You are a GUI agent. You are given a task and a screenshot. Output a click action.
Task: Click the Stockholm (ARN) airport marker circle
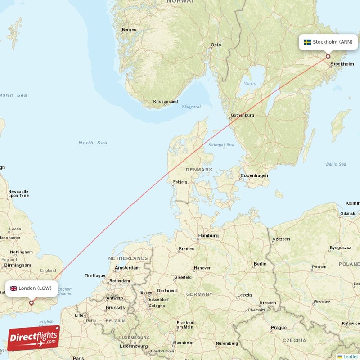pos(328,57)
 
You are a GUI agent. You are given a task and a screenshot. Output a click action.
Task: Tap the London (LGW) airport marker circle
pos(31,303)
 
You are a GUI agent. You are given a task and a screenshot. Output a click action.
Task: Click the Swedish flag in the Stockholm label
pos(307,42)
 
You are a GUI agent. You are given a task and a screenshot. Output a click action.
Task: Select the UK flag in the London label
pos(13,288)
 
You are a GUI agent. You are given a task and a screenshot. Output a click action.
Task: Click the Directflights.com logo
pos(34,338)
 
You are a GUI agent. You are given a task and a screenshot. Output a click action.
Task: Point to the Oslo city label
pos(216,45)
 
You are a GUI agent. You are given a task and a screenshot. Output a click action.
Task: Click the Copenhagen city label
pos(254,175)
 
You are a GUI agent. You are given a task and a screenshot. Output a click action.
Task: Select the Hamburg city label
pos(208,236)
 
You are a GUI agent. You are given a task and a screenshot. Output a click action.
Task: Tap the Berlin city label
pos(260,264)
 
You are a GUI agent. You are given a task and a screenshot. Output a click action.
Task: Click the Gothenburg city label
pos(242,115)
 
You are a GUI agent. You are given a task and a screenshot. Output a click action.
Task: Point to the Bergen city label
pos(129,30)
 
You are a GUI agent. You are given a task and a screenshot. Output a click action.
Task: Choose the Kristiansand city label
pos(165,102)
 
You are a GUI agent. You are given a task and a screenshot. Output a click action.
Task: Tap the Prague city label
pos(279,328)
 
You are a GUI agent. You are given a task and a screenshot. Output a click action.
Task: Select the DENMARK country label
pos(199,170)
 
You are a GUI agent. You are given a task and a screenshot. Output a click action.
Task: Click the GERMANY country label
pos(199,294)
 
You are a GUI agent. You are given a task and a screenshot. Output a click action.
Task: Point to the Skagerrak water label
pos(192,107)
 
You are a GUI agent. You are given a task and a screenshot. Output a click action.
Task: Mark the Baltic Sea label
pos(336,164)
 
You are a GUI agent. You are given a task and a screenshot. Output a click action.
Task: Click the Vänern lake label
pos(250,83)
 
